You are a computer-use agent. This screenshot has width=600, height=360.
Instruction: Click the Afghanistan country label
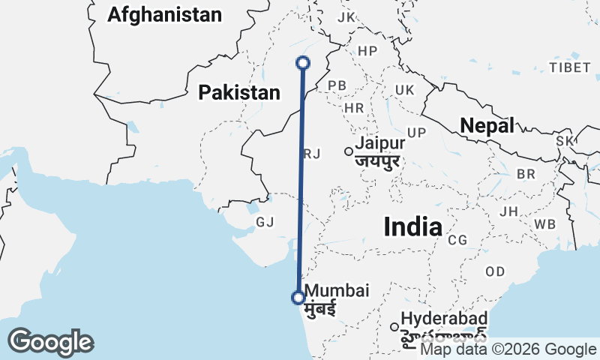(165, 14)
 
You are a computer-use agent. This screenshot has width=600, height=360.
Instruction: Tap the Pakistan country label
(239, 92)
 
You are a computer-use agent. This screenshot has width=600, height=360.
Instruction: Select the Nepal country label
(487, 125)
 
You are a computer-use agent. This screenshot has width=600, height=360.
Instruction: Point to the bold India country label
(412, 226)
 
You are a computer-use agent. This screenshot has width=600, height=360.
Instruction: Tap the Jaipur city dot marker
(349, 151)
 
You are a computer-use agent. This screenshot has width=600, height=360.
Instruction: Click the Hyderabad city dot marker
(394, 326)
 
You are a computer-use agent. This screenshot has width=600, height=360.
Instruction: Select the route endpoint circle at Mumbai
(298, 298)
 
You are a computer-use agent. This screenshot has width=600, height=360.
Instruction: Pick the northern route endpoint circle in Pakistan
(304, 63)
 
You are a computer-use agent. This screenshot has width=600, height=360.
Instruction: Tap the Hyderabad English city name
(445, 319)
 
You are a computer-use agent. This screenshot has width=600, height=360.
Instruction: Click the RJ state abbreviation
(312, 154)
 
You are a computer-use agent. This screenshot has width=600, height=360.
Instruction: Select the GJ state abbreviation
(265, 222)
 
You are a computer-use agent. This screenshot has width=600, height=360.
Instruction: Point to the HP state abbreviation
(367, 50)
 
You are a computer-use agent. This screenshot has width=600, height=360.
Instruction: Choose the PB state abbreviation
(337, 85)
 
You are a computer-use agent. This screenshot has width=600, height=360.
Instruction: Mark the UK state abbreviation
(404, 90)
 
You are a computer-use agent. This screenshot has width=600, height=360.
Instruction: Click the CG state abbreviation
(457, 240)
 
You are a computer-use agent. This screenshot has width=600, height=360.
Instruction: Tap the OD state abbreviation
(495, 271)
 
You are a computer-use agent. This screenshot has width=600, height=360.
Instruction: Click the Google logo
(50, 342)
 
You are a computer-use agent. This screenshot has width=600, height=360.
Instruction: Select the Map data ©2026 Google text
(508, 349)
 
